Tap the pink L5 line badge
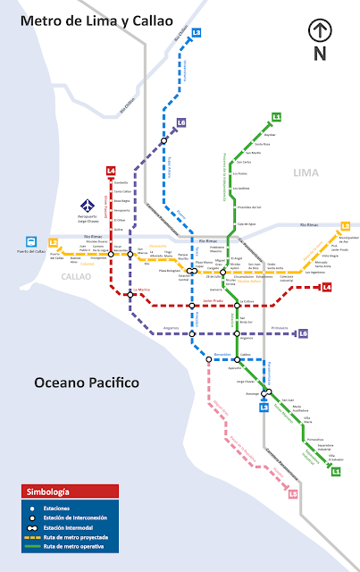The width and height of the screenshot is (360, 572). (x=293, y=493)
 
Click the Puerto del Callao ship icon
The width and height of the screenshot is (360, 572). (x=32, y=241)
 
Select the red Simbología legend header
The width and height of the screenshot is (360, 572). (x=70, y=491)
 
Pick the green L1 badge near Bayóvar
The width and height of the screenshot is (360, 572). (x=276, y=117)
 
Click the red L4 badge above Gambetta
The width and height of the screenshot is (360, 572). (x=111, y=171)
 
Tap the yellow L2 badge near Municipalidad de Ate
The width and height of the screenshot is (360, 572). (x=345, y=227)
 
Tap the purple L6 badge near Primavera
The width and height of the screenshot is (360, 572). (x=304, y=333)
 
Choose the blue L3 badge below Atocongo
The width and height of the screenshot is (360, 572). (x=264, y=408)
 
